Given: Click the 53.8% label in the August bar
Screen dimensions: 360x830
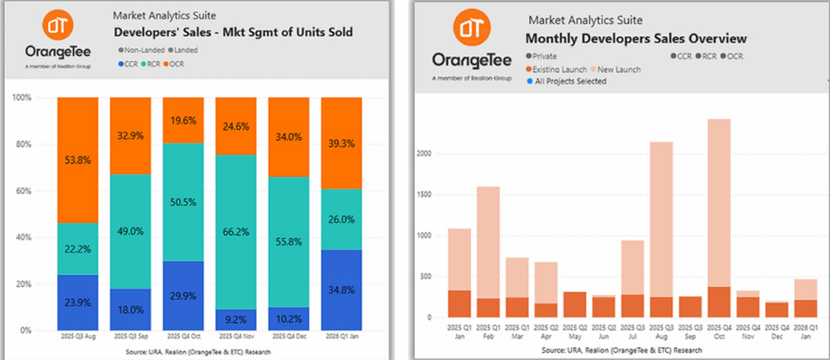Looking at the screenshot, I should click(x=77, y=162).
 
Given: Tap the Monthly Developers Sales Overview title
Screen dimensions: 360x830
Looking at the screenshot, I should click(x=636, y=38).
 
